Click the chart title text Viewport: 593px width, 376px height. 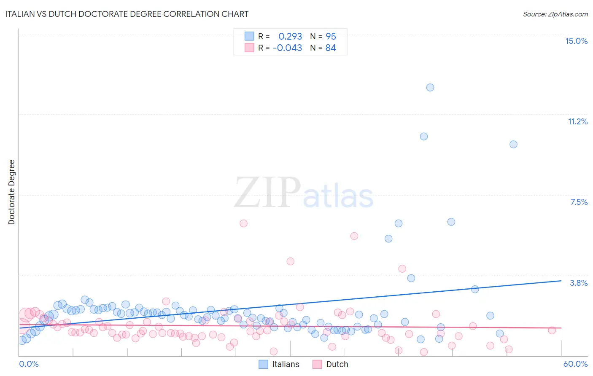[x=127, y=14]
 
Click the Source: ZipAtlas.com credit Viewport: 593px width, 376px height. [x=555, y=14]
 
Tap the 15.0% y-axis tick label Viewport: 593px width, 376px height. [x=576, y=41]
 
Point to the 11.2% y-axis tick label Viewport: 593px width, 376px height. [x=577, y=121]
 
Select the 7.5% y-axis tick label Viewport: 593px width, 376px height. [x=579, y=202]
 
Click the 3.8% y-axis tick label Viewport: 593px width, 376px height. [x=579, y=283]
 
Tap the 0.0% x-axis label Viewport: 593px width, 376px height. [x=29, y=364]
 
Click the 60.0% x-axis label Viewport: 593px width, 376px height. [x=575, y=364]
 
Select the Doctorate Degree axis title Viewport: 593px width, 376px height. [x=11, y=192]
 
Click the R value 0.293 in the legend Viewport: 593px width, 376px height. [x=290, y=36]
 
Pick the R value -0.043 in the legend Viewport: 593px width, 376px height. [x=288, y=48]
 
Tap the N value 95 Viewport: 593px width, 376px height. [x=331, y=36]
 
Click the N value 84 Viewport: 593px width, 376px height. [x=331, y=48]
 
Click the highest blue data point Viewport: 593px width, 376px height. [x=430, y=88]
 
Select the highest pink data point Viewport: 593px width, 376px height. [x=243, y=223]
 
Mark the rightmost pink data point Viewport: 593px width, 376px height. [x=552, y=330]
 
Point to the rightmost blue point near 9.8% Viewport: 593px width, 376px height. [x=513, y=144]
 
